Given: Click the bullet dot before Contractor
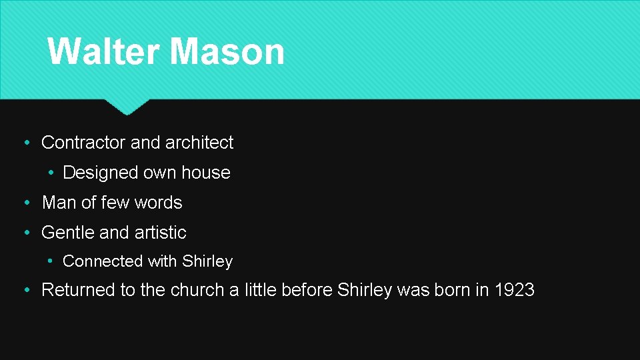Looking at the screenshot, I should pos(25,143).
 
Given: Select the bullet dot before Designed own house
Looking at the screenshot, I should pos(51,173).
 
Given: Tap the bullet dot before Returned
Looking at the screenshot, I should pos(25,291).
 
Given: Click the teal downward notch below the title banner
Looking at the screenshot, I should pos(127,107).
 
